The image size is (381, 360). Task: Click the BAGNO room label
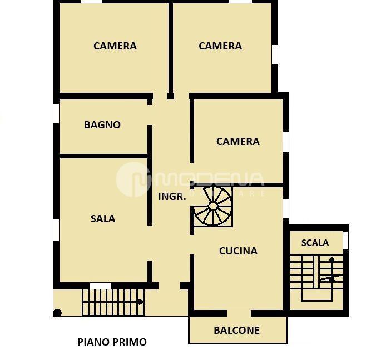tap(102, 125)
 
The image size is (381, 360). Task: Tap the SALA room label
tap(103, 219)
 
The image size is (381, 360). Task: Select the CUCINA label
tap(238, 251)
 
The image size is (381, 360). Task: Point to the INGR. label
tap(172, 197)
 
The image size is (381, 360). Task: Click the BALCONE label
tap(236, 331)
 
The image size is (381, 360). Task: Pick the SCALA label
tap(315, 243)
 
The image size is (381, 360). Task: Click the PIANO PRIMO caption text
tap(112, 342)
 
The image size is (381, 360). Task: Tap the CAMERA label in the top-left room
tap(115, 46)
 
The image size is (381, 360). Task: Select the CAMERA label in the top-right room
tap(220, 46)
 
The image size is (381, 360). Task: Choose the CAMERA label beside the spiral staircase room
tap(237, 142)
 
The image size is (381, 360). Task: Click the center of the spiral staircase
tap(213, 206)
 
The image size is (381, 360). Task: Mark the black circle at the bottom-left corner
tap(57, 313)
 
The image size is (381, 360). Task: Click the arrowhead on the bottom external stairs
tap(141, 302)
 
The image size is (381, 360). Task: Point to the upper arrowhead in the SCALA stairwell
tap(332, 259)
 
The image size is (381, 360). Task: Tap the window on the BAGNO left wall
tap(56, 113)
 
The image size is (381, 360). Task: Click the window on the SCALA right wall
tap(345, 241)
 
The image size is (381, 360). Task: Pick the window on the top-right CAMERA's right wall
tap(275, 54)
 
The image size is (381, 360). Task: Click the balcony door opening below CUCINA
tap(239, 313)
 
